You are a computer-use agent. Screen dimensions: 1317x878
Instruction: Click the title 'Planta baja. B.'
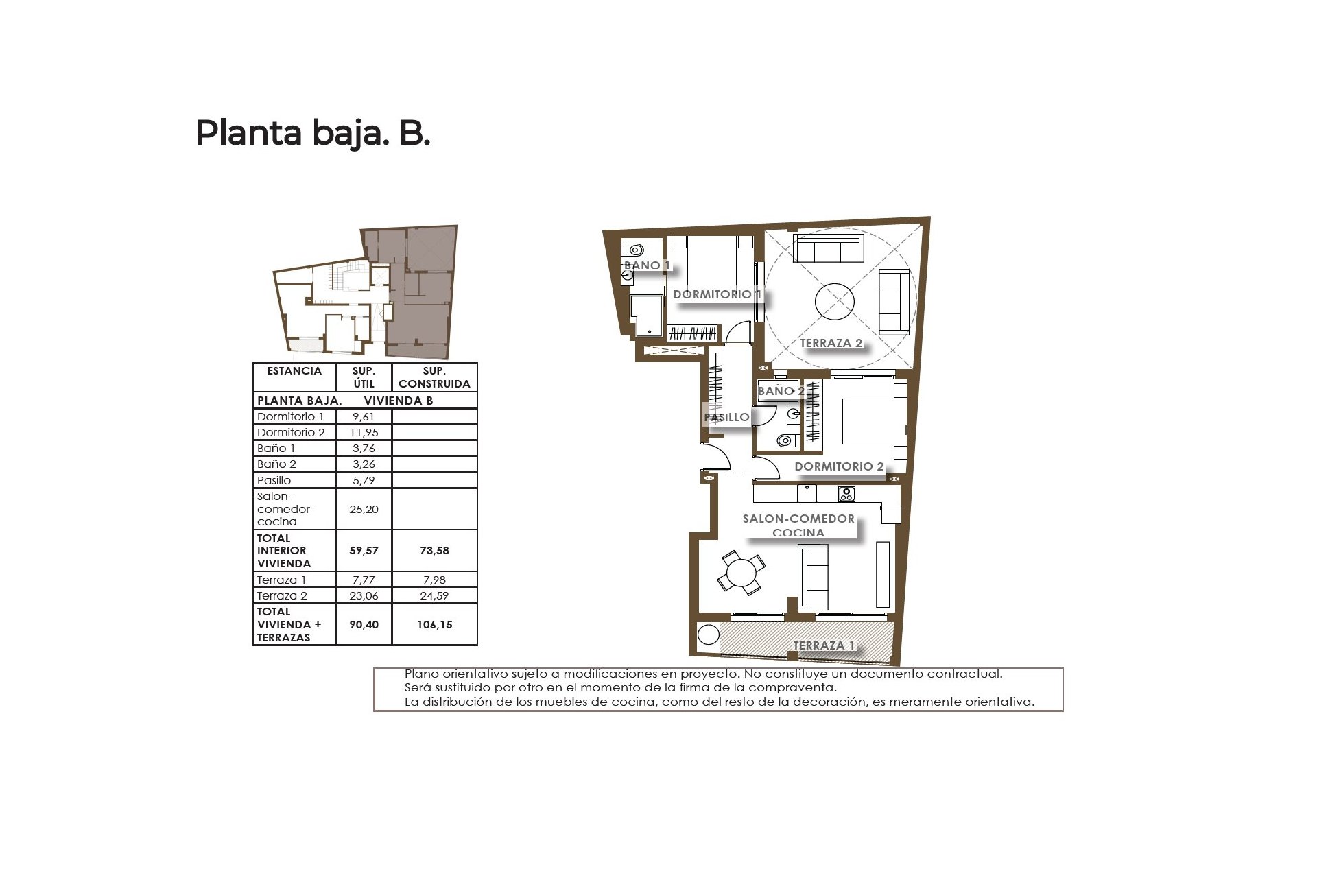(313, 134)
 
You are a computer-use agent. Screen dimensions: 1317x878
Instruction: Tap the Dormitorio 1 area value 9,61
(364, 416)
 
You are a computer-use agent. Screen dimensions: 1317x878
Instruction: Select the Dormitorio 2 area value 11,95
(364, 432)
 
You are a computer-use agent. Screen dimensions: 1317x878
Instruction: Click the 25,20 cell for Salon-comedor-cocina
(364, 509)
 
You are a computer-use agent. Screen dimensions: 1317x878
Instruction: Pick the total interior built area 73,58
(434, 550)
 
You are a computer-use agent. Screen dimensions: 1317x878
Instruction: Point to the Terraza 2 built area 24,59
(434, 595)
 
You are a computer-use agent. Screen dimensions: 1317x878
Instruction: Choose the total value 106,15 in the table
(434, 624)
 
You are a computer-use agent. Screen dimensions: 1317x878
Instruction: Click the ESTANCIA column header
(294, 370)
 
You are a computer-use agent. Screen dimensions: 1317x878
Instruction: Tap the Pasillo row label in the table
(274, 480)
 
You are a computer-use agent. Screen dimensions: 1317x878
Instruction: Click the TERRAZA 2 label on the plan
(831, 343)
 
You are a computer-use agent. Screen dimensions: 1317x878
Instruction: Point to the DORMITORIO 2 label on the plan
(839, 466)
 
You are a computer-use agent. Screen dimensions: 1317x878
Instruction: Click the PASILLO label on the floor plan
(726, 417)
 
